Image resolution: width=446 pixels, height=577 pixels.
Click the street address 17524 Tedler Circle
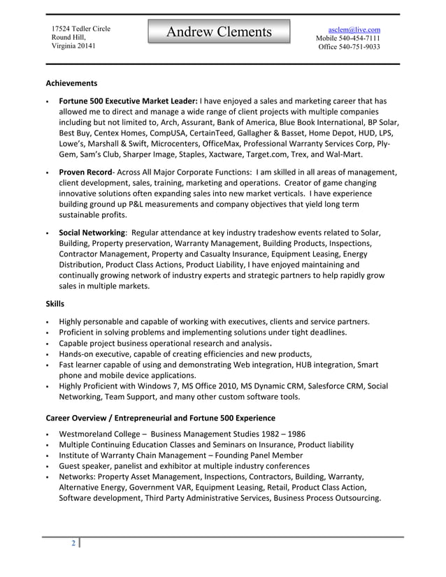coord(80,28)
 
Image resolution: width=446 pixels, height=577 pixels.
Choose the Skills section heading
coord(55,304)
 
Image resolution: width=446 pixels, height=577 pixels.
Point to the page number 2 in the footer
coord(73,544)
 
